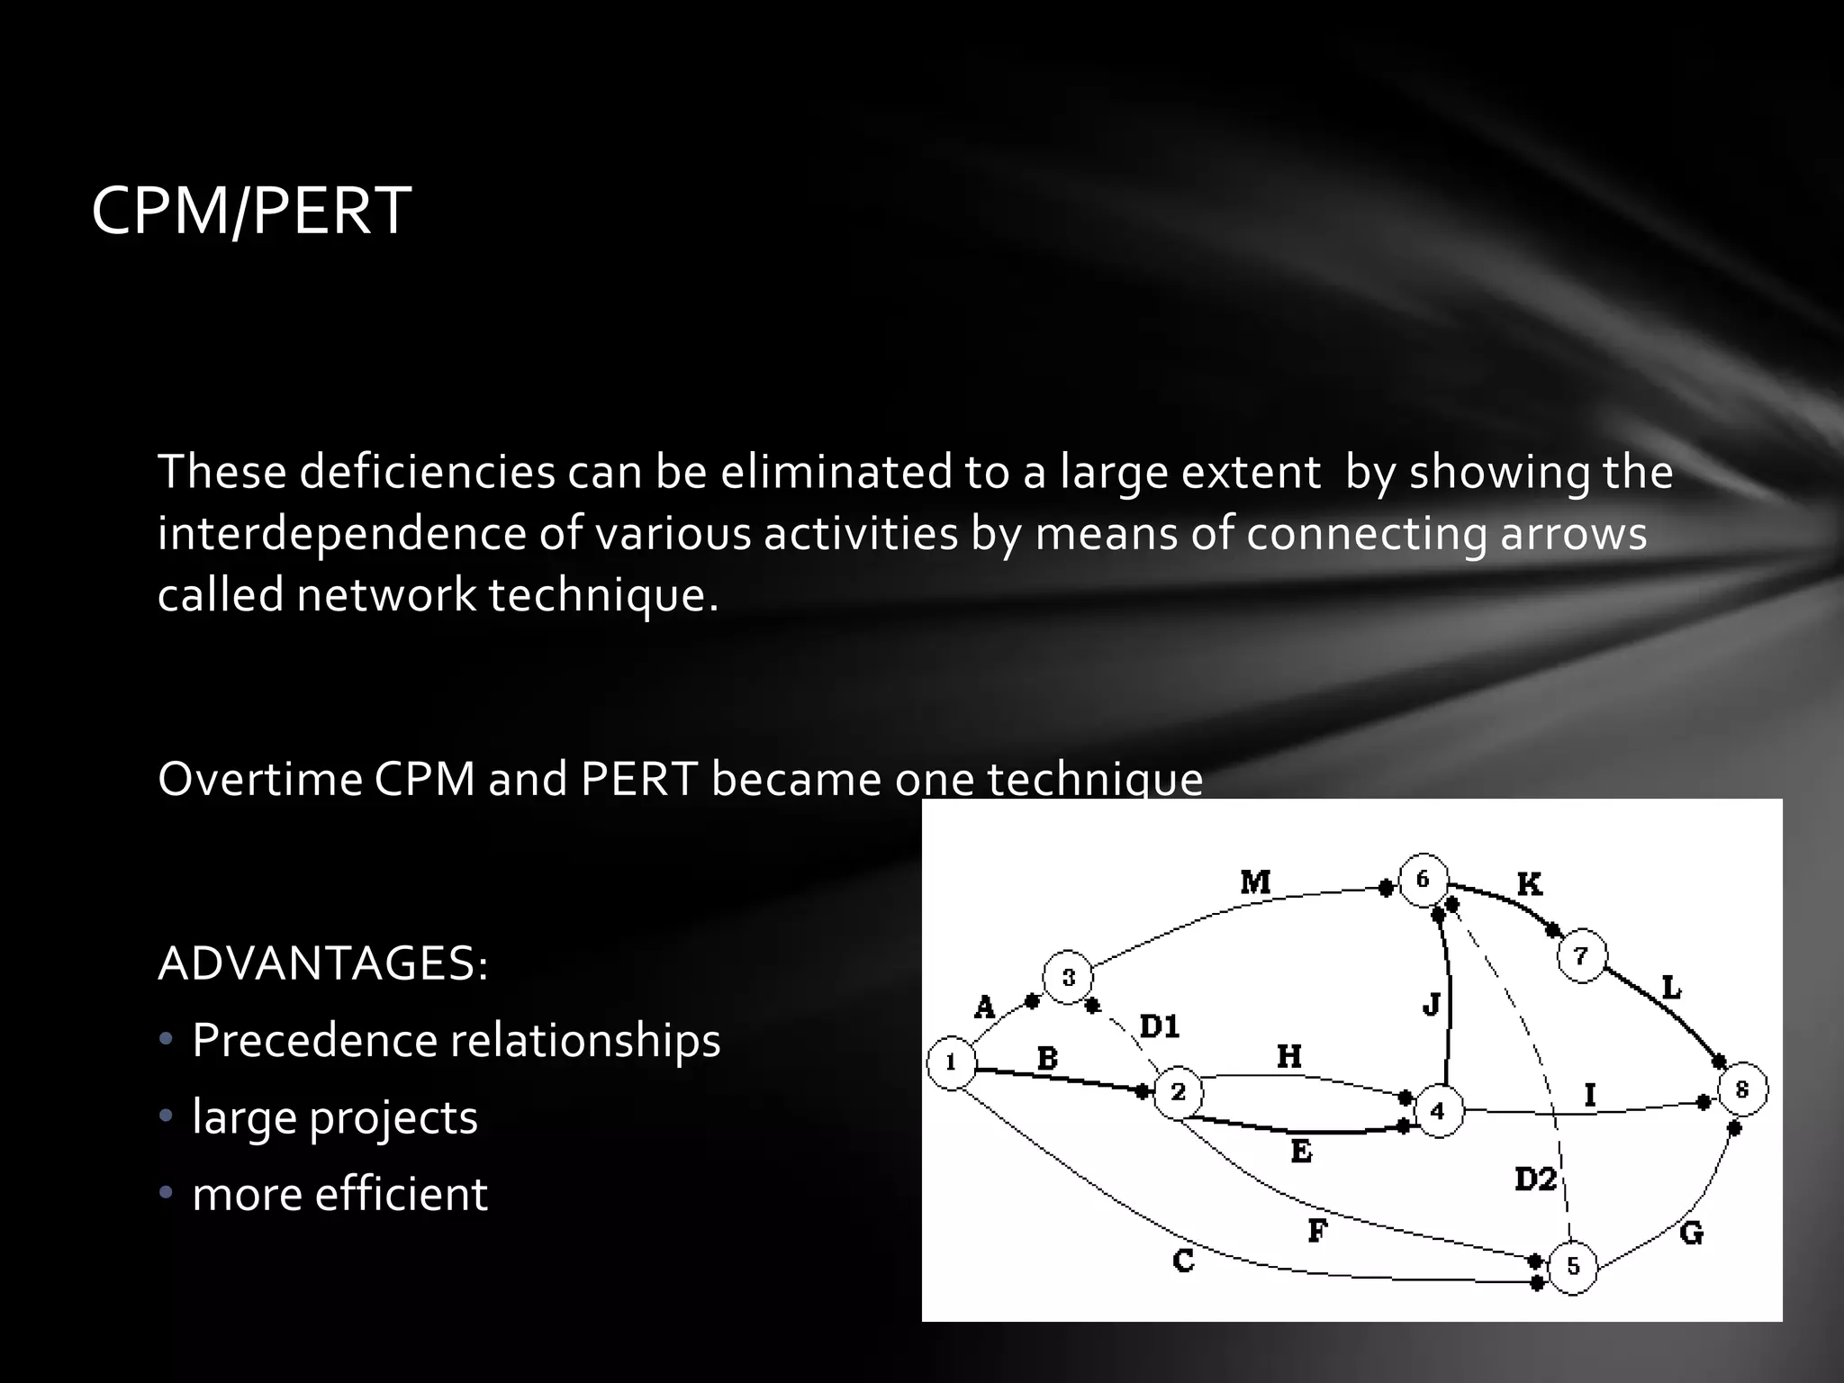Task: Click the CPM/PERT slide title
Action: tap(251, 212)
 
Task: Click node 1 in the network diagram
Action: tap(951, 1063)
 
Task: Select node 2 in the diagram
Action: tap(1179, 1093)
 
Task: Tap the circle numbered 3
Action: tap(1068, 978)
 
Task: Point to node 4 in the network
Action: tap(1438, 1111)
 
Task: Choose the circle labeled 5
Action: tap(1572, 1267)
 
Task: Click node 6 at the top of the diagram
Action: tap(1423, 879)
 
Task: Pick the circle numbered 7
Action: tap(1581, 956)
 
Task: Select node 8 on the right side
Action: tap(1742, 1089)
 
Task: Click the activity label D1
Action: tap(1160, 1026)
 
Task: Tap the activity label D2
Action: tap(1535, 1179)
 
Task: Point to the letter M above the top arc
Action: tap(1256, 881)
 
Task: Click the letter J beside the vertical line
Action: tap(1432, 1003)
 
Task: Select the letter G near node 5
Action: tap(1692, 1233)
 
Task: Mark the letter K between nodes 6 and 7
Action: tap(1530, 884)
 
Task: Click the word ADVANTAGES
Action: tap(323, 964)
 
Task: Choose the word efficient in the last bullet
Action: tap(402, 1195)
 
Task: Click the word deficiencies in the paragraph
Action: tap(428, 472)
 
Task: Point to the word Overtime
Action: tap(259, 779)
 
